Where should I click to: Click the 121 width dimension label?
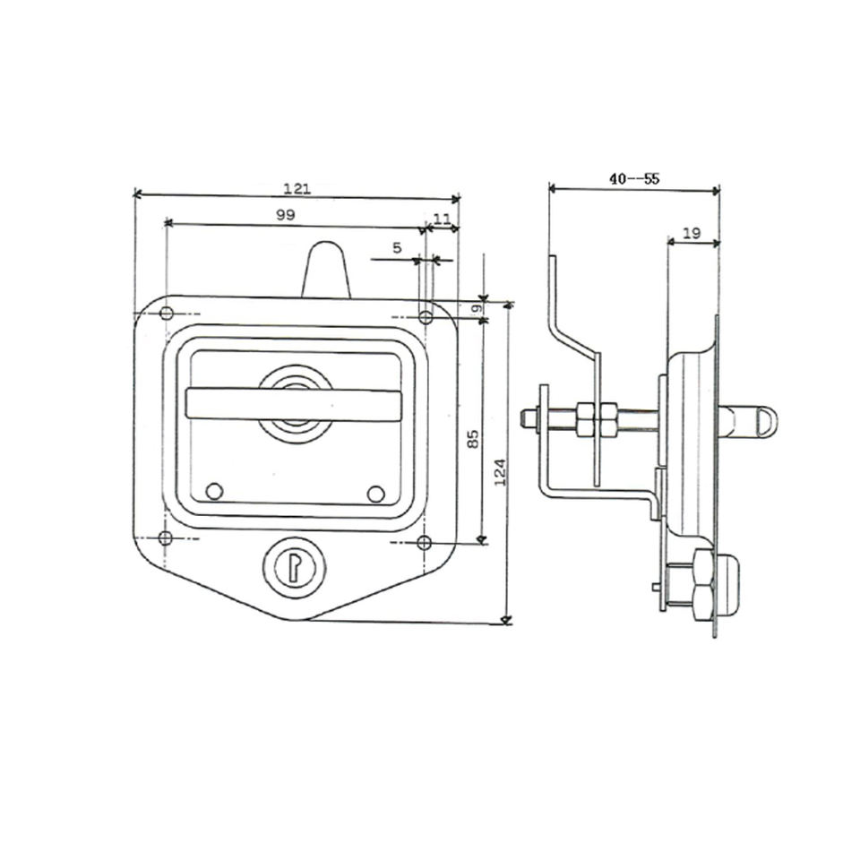click(x=297, y=189)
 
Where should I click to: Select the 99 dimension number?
click(x=285, y=215)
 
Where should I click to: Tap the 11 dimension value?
click(x=442, y=219)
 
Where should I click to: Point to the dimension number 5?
click(x=397, y=248)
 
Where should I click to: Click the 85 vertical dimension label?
click(x=473, y=439)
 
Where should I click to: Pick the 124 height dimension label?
click(x=500, y=472)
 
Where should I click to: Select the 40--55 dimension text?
click(x=634, y=178)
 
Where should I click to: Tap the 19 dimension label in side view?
click(x=692, y=233)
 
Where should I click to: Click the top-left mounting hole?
click(x=167, y=314)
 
